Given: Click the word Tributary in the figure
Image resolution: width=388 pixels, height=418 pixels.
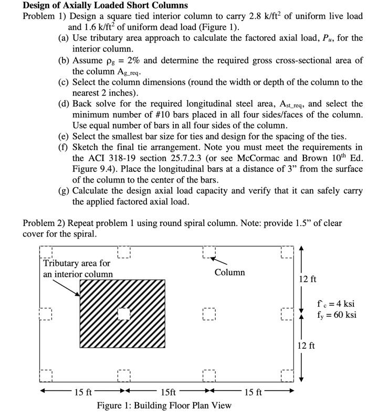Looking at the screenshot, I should (x=61, y=263).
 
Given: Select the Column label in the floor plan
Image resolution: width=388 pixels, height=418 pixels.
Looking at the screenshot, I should (x=229, y=272).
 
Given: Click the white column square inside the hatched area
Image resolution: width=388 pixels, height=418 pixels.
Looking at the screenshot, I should (x=123, y=314).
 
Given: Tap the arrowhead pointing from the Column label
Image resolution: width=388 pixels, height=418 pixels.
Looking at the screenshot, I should (x=214, y=259).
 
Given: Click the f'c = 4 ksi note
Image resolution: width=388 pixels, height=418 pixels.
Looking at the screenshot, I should (x=336, y=304).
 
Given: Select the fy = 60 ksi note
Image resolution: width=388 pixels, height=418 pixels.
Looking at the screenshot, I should (x=337, y=315).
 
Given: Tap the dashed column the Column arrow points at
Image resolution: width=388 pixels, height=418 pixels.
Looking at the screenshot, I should (x=208, y=252).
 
